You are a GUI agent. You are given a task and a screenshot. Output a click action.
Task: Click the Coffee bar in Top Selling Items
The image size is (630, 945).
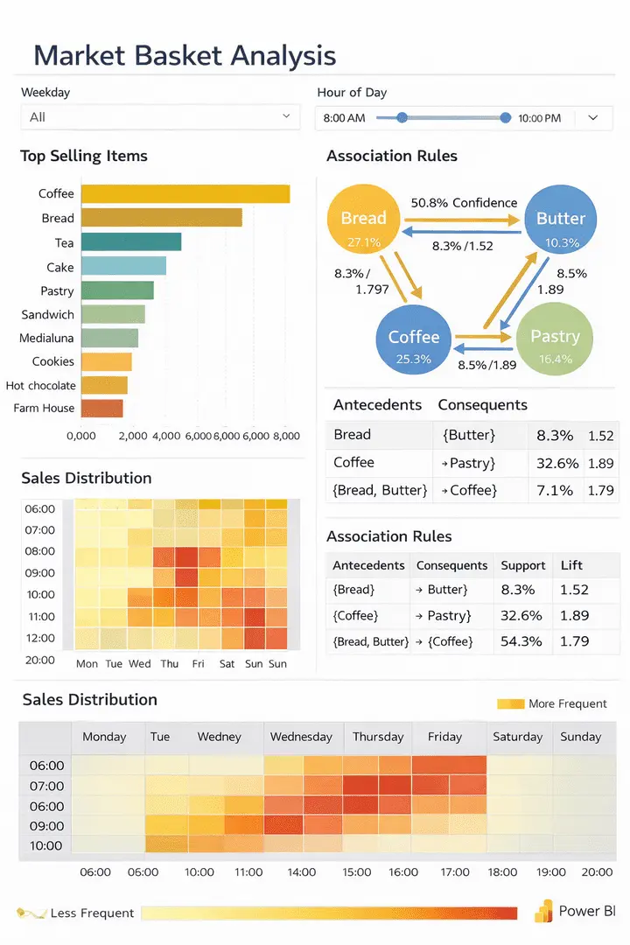(x=185, y=194)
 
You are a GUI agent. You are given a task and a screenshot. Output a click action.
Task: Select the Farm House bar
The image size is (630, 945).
(x=102, y=408)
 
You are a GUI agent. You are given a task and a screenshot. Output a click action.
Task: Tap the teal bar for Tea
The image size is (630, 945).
(x=131, y=242)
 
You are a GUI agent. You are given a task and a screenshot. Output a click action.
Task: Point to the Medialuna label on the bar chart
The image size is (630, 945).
(x=47, y=338)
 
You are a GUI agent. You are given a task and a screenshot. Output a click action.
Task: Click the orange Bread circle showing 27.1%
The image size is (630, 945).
(x=363, y=223)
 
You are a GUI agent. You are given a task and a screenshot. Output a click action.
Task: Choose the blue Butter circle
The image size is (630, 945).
(x=560, y=223)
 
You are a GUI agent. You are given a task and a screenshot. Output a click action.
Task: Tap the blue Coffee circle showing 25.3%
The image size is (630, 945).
(x=414, y=343)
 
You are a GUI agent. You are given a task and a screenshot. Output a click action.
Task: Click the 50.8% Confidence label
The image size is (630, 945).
(x=464, y=203)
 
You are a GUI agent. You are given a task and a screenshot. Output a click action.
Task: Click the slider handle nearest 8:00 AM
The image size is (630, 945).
(x=402, y=117)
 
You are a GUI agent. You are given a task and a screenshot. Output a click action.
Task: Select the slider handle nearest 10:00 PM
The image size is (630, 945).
(x=505, y=117)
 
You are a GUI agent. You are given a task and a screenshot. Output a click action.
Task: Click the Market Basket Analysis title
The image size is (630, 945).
(x=185, y=56)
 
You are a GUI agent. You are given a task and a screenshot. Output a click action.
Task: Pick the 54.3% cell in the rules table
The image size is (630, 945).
(x=521, y=641)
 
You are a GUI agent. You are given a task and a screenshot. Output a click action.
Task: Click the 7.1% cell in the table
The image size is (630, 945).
(x=555, y=490)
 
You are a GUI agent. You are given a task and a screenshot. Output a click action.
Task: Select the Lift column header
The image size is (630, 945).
(x=571, y=565)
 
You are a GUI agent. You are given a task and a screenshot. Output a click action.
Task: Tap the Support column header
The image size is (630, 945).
(x=523, y=565)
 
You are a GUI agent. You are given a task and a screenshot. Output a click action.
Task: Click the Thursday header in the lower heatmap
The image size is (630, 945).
(x=378, y=737)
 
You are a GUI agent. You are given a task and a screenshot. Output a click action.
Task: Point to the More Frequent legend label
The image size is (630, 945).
(x=567, y=703)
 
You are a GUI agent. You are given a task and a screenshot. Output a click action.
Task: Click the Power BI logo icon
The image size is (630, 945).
(x=544, y=911)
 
